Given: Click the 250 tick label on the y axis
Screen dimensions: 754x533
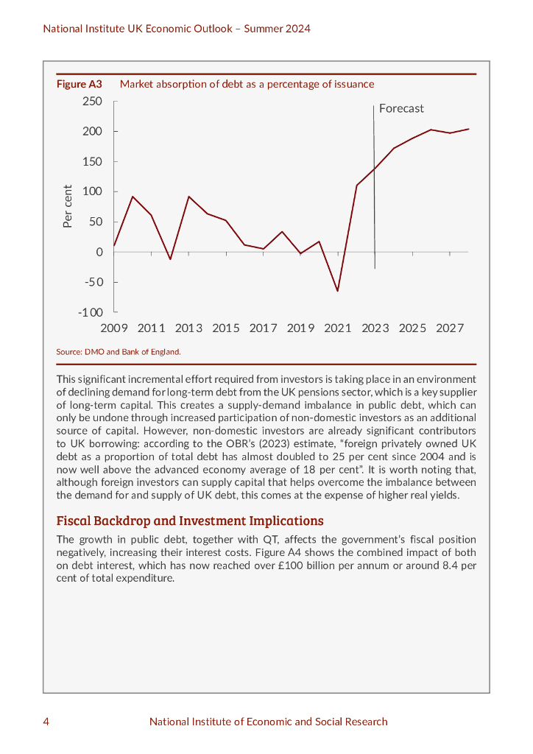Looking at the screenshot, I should pyautogui.click(x=92, y=101).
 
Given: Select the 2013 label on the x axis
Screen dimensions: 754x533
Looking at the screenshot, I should pyautogui.click(x=188, y=328).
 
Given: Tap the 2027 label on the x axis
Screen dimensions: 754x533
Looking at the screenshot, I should pyautogui.click(x=450, y=328).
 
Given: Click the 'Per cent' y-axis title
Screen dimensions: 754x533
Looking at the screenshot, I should pyautogui.click(x=68, y=206).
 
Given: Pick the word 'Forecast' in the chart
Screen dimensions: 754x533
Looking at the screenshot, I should pyautogui.click(x=401, y=108).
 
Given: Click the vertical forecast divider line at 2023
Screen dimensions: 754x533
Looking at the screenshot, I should pyautogui.click(x=374, y=184).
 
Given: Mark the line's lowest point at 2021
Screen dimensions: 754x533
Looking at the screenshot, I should pyautogui.click(x=338, y=291).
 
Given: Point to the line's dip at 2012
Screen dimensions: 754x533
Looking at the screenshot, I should pyautogui.click(x=170, y=259).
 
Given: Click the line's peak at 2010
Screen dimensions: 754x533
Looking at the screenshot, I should pyautogui.click(x=133, y=197).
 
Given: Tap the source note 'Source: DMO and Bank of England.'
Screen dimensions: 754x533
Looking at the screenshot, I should pyautogui.click(x=119, y=352).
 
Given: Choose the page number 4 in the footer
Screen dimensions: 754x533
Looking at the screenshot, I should pyautogui.click(x=46, y=722).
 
